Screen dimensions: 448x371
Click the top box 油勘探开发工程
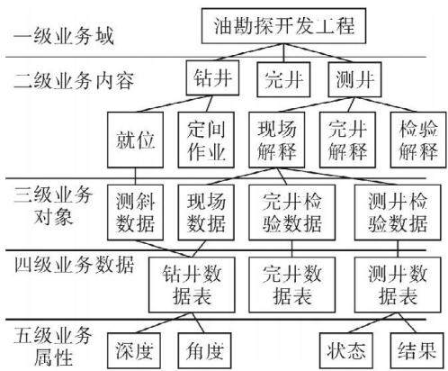(283, 26)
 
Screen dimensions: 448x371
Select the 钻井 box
(212, 78)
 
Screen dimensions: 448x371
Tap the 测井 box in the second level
(354, 79)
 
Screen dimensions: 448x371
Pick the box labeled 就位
(135, 140)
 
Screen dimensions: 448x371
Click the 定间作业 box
(206, 140)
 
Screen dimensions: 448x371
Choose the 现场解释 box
(277, 140)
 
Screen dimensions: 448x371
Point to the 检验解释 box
(418, 140)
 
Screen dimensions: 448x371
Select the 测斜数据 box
(135, 213)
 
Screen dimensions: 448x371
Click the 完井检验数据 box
(292, 213)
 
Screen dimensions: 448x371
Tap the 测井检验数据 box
(398, 213)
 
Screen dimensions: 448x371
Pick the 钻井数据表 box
(192, 285)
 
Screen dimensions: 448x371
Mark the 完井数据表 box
(292, 285)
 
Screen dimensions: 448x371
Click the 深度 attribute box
(134, 350)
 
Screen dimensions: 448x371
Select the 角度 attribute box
(205, 350)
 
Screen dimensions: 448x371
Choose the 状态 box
(346, 350)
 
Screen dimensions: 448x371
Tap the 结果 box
(417, 350)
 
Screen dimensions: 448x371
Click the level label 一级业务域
(63, 36)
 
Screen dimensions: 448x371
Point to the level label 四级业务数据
(74, 265)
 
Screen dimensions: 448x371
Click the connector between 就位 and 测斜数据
(135, 176)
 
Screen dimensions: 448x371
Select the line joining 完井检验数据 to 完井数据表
(292, 249)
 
